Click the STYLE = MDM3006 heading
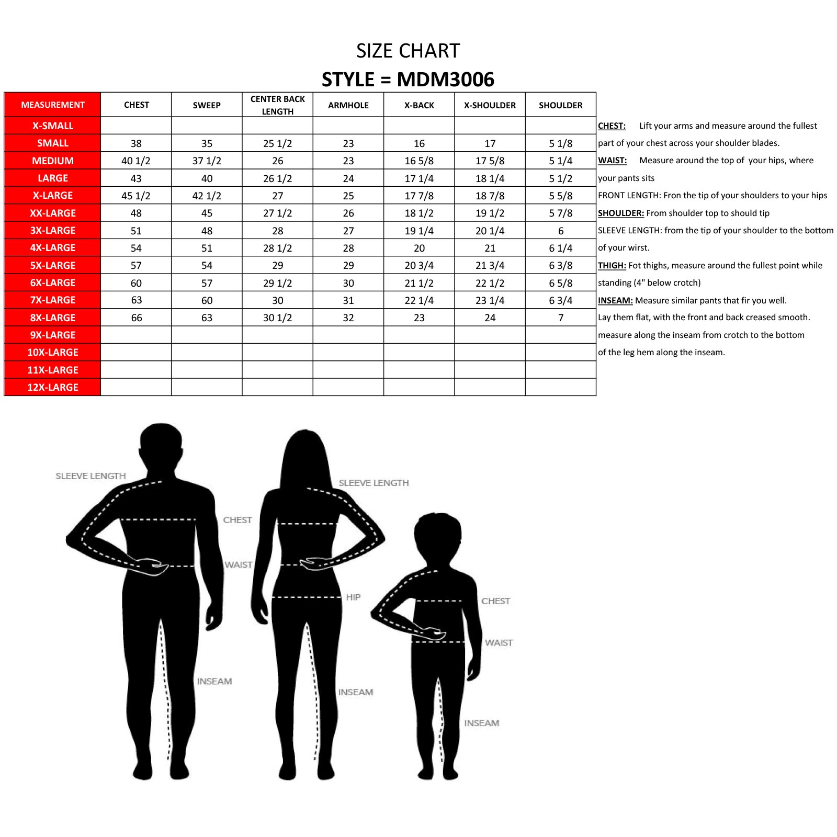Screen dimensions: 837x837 pos(408,80)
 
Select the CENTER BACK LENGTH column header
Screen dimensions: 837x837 pos(277,105)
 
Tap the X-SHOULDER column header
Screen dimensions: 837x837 pos(490,105)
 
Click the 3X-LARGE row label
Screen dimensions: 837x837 pos(52,230)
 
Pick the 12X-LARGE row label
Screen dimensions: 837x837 pos(52,387)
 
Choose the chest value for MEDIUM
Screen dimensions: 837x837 pos(136,161)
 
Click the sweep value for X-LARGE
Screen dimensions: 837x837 pos(207,196)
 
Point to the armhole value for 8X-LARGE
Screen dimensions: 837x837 pos(348,318)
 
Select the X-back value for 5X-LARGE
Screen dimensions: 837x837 pos(419,265)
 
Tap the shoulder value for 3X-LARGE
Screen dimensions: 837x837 pos(561,231)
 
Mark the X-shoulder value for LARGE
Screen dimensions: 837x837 pos(490,178)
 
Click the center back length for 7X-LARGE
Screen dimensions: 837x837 pos(277,300)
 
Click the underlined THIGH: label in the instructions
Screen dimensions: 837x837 pos(612,265)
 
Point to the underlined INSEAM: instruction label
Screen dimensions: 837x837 pos(615,300)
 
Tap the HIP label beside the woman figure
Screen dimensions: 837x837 pos(353,597)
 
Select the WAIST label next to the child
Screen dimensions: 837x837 pos(499,642)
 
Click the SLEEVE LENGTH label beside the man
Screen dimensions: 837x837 pos(91,476)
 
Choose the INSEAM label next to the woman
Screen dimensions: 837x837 pos(356,692)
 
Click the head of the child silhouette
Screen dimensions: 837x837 pos(438,536)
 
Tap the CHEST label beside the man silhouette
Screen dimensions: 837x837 pos(237,520)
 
